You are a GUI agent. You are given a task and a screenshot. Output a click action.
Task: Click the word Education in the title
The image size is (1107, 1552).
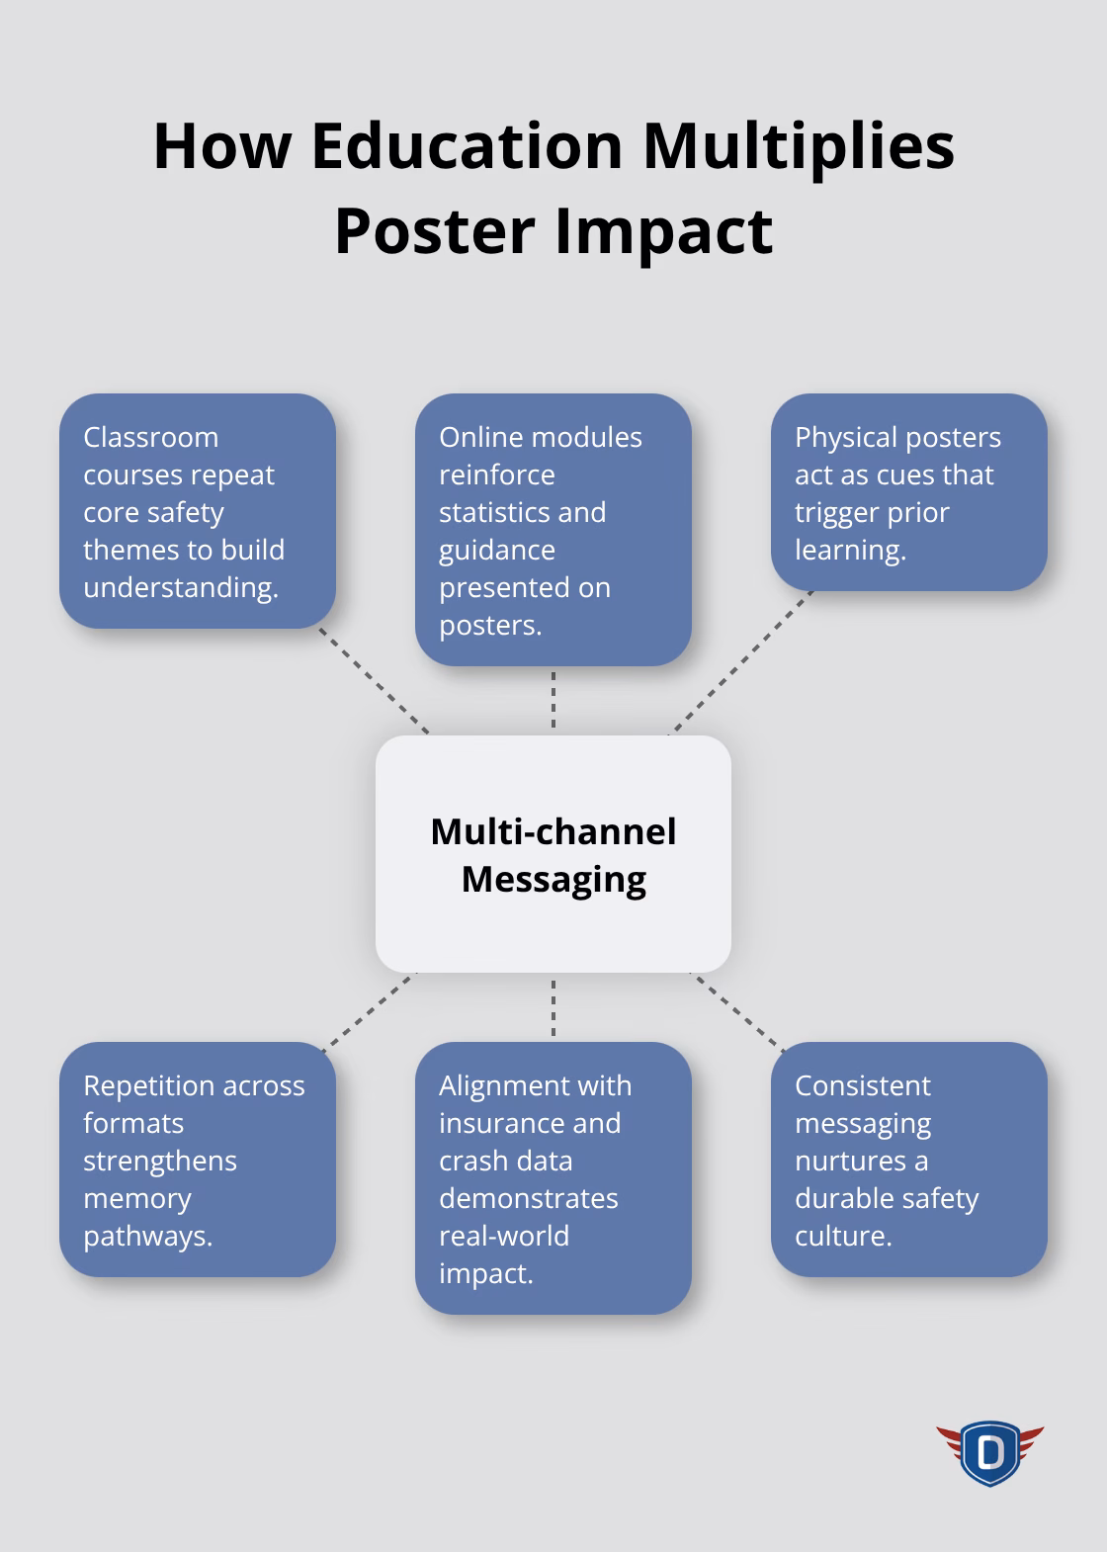(466, 145)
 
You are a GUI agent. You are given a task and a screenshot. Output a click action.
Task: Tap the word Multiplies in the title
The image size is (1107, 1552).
(798, 145)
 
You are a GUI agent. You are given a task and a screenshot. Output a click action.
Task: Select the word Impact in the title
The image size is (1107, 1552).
(663, 230)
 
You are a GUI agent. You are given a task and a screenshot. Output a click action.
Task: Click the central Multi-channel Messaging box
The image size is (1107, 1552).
(553, 853)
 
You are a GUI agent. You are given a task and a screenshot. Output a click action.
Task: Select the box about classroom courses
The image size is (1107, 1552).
(198, 511)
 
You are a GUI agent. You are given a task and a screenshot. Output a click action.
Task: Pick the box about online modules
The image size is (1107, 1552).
(553, 530)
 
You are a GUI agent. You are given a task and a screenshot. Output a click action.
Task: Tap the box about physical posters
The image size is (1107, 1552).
(908, 492)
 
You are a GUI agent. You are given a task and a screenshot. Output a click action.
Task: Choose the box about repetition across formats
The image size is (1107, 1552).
(198, 1159)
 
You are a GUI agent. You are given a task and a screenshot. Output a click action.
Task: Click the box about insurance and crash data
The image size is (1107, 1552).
(553, 1177)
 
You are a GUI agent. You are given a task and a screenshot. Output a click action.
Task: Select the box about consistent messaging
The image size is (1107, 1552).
(908, 1159)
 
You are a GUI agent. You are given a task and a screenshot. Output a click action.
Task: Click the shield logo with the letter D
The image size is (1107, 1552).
(989, 1452)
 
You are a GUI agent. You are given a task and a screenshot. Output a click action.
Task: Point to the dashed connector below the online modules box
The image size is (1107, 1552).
(553, 700)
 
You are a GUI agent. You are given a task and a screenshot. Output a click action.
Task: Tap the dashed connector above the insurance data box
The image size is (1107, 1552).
(553, 1007)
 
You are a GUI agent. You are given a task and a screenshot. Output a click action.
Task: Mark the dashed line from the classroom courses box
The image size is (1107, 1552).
(374, 681)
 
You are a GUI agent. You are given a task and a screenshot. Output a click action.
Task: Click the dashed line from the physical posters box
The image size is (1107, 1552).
(741, 662)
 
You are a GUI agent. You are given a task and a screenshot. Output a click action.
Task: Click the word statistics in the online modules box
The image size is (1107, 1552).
(522, 512)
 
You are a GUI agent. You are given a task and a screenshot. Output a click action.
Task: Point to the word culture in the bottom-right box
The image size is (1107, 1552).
(842, 1236)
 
